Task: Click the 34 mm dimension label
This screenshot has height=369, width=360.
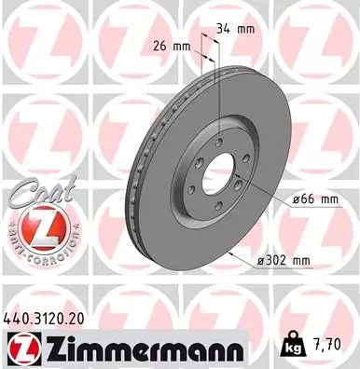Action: coord(233,29)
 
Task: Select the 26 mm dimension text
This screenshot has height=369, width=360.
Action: coord(170,45)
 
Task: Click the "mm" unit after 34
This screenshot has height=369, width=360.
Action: coord(245,29)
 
